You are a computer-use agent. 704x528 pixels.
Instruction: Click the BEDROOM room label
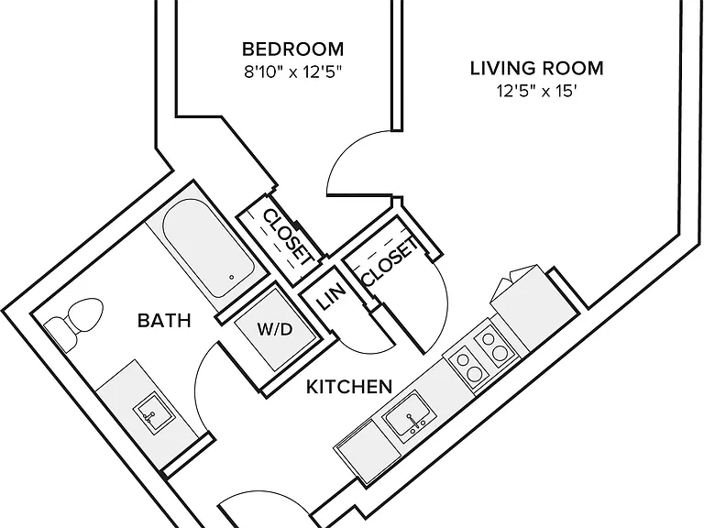click(x=292, y=49)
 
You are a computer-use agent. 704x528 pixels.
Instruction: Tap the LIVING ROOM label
click(x=536, y=68)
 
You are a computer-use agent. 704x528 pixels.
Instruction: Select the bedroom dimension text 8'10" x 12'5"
click(x=292, y=71)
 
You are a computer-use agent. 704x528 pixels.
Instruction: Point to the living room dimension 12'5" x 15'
click(x=536, y=91)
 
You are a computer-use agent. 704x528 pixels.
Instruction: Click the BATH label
click(x=164, y=321)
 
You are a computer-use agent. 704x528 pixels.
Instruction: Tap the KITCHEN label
click(x=349, y=387)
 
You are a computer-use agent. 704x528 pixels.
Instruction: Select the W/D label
click(x=275, y=330)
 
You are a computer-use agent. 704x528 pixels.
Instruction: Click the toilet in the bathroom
click(x=74, y=324)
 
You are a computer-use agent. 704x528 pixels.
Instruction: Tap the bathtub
click(x=207, y=247)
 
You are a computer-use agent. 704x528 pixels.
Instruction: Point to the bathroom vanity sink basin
click(x=153, y=412)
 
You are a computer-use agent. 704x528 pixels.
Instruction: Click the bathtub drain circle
click(x=232, y=277)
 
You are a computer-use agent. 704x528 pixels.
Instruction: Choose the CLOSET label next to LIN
click(x=389, y=263)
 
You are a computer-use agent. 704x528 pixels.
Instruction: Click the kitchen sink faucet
click(x=415, y=421)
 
